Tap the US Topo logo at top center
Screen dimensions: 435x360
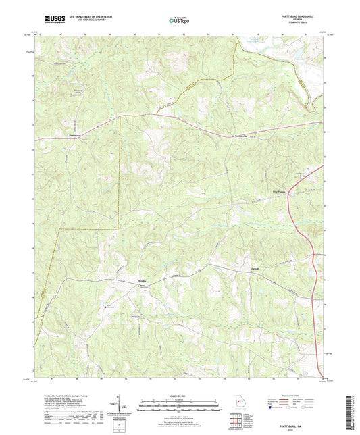pyautogui.click(x=179, y=20)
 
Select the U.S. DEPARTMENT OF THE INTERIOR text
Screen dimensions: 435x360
pyautogui.click(x=83, y=16)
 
